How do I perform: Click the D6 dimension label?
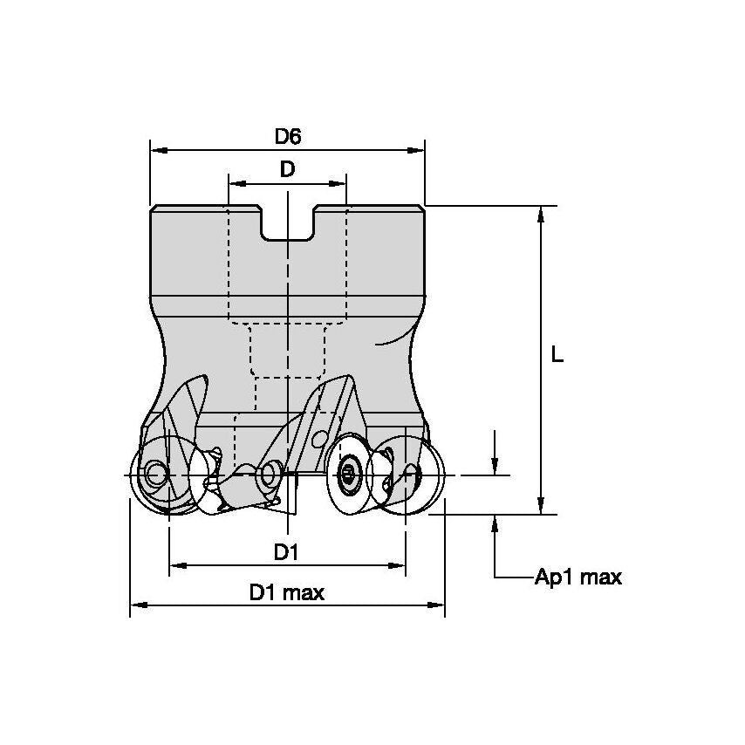[288, 136]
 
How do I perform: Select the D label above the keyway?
[287, 170]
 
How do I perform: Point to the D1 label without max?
[286, 551]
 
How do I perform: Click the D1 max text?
[286, 593]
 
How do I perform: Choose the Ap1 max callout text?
[578, 578]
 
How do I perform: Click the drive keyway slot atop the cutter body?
[287, 224]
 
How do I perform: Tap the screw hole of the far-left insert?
[156, 475]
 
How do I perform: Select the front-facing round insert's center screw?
[348, 474]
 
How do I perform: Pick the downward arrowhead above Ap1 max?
[496, 468]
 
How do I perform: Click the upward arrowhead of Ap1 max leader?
[496, 522]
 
